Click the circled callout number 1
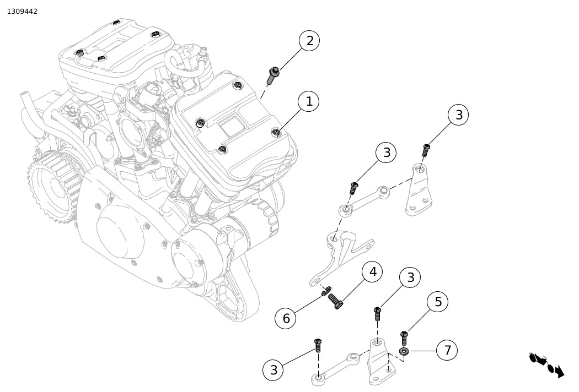pos(309,101)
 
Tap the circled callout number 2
pos(309,41)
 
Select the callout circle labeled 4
pos(373,272)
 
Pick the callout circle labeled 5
pos(438,302)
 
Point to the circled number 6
pos(286,318)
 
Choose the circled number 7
pos(447,350)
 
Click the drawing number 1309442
pos(22,12)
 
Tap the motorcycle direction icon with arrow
pos(546,364)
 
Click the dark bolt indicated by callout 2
pos(272,76)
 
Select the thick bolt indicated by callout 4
pos(336,300)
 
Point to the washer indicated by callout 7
pos(404,351)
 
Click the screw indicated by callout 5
pos(404,338)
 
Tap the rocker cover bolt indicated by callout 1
pos(276,132)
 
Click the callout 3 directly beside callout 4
pos(411,277)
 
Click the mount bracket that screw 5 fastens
pos(381,360)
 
